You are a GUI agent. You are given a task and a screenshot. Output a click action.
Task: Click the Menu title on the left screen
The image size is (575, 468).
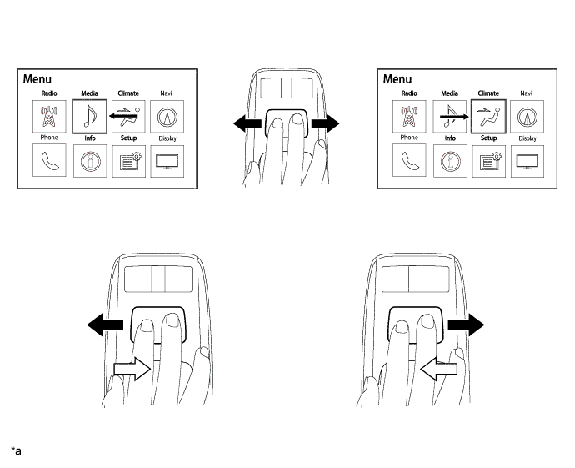tap(37, 79)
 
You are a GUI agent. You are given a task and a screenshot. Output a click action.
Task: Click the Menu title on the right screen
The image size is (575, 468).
tap(397, 79)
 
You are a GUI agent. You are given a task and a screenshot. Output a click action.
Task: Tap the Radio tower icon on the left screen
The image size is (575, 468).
tap(47, 115)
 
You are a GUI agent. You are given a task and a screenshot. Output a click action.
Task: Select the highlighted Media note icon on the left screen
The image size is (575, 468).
tap(88, 116)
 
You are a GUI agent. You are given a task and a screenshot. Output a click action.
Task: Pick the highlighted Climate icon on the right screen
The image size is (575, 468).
tap(487, 115)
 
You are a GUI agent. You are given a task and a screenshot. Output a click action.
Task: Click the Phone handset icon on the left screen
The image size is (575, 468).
tap(47, 159)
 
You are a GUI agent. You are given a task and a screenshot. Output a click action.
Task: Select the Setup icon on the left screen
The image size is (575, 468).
tap(127, 159)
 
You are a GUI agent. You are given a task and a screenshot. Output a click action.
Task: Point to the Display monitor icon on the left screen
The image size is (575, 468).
tap(165, 159)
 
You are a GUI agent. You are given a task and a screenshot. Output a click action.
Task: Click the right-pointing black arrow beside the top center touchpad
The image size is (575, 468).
tap(325, 123)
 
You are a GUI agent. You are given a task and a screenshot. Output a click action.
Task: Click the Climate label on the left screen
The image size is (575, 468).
tap(127, 93)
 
